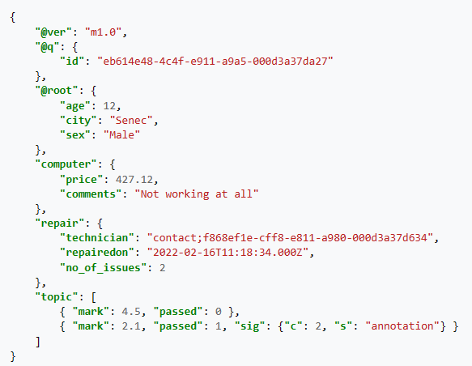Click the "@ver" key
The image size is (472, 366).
coord(53,32)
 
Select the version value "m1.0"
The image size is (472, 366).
coord(104,32)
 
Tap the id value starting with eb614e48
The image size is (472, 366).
coord(215,61)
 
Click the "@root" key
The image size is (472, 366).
coord(57,91)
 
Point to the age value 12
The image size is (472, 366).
coord(109,105)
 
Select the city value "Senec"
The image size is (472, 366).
coord(131,121)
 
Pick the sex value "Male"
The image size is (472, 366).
coord(121,135)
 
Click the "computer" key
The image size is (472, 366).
coord(66,164)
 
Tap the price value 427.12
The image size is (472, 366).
coord(134,180)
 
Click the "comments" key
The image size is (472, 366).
coord(91,194)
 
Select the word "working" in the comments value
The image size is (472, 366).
coord(187,194)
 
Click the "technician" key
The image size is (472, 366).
coord(97,238)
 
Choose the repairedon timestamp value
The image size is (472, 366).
coord(227,252)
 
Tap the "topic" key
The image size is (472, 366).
coord(57,297)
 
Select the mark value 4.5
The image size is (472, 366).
coord(131,312)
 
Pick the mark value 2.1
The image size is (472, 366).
coord(131,326)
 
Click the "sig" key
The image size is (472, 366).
coord(246,326)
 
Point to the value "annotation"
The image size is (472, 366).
coord(402,326)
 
